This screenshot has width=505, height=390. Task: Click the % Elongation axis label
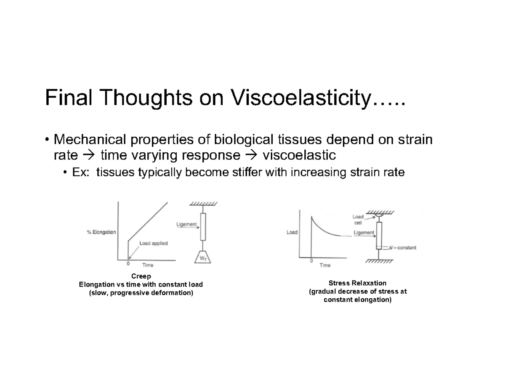101,233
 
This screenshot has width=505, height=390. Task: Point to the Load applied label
154,243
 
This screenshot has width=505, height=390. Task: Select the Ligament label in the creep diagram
186,225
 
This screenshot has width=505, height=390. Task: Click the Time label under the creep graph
148,265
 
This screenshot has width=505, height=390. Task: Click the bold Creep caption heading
141,276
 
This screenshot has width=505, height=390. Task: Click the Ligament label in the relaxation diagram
364,232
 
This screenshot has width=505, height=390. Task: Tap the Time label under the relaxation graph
325,265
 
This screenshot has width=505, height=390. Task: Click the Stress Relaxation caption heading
357,283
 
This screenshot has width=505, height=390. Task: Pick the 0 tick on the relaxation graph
311,261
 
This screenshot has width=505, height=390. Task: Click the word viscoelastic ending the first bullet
299,156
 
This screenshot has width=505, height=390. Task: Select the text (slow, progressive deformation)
141,293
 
